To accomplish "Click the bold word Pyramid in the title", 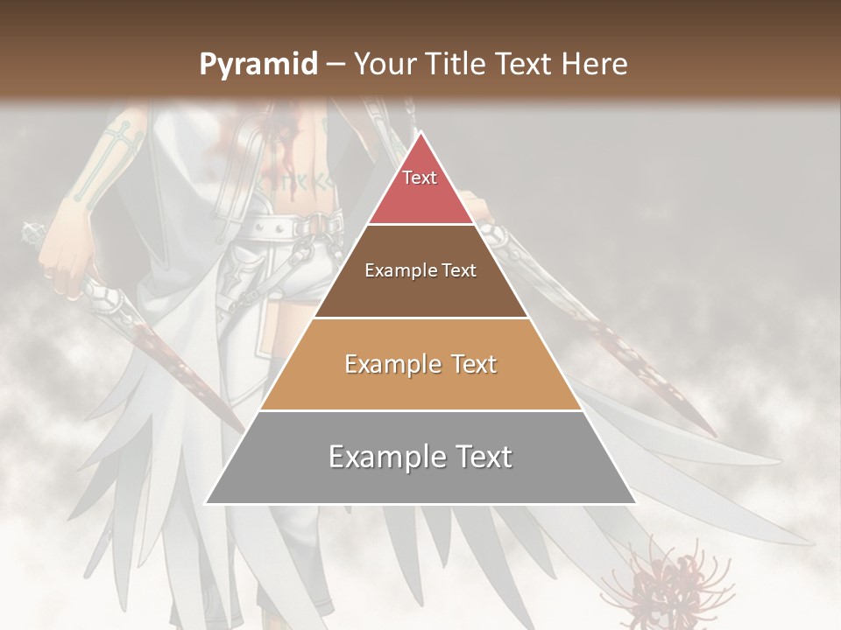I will tap(258, 65).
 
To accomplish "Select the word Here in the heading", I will tap(596, 64).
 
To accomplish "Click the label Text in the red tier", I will tap(420, 178).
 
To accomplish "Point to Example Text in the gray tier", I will tap(420, 457).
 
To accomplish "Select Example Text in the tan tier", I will tap(420, 364).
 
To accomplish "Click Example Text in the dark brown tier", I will tap(420, 270).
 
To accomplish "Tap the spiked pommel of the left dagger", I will tap(33, 234).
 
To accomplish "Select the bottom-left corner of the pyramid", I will tap(206, 503).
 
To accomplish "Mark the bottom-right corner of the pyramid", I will tap(636, 503).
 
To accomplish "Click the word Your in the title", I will tap(383, 64).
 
